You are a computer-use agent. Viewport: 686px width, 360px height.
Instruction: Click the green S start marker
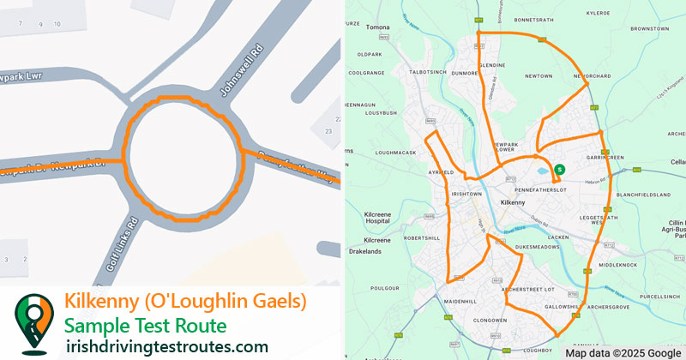tap(559, 170)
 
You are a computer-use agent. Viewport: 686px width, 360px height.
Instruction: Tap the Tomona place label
tap(378, 27)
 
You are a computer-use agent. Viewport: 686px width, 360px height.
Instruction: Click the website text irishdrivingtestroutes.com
tap(167, 346)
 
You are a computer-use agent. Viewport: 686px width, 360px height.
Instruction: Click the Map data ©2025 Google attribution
tap(623, 352)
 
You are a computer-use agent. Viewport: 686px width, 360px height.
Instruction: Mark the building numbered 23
tap(328, 131)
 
